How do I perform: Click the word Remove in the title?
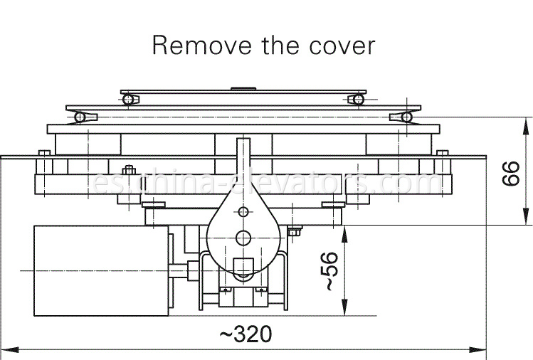202,45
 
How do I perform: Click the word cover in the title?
342,46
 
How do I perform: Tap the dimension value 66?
511,174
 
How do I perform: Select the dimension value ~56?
328,271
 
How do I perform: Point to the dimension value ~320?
246,334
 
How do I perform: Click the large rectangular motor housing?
101,270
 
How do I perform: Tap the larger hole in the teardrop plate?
243,238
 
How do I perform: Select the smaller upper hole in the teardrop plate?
243,212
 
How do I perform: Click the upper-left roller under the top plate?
128,100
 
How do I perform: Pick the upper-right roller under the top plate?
358,100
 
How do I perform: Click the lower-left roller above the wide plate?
80,117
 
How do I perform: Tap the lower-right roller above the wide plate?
406,117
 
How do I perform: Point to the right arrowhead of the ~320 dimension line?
477,349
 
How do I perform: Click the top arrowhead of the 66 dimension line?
526,127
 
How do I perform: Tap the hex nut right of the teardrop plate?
295,231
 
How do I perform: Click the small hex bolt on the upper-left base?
129,169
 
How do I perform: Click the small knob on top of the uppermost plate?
243,89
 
